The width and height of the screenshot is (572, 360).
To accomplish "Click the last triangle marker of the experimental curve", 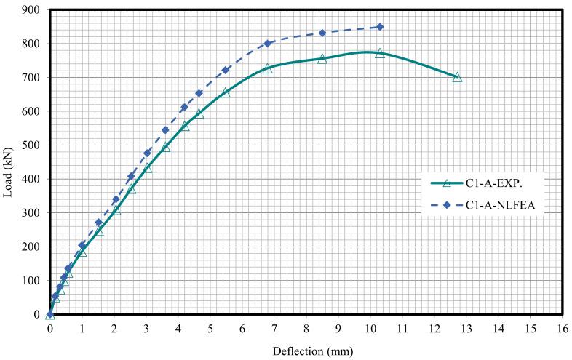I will (457, 76).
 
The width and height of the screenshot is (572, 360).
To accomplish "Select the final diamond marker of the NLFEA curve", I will (380, 27).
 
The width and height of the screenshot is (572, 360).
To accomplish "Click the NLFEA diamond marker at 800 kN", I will (268, 44).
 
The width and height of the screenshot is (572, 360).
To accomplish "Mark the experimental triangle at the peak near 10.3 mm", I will (380, 53).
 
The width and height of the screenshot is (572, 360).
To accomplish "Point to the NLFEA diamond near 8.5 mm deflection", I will (322, 33).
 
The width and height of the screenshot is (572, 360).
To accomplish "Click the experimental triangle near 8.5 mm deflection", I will (322, 58).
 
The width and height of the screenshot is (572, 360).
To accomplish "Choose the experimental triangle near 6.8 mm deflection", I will (268, 68).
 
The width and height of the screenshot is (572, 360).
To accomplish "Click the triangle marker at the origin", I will (50, 314).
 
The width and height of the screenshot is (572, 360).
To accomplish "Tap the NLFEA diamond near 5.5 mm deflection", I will (226, 70).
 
